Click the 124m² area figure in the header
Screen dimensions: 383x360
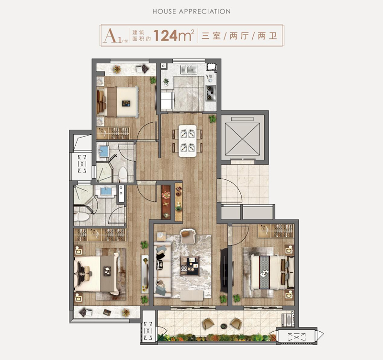(174, 35)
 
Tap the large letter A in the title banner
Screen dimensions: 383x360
(110, 35)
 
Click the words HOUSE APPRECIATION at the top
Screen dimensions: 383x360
(191, 12)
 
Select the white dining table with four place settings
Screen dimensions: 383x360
(188, 141)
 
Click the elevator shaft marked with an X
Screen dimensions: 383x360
(242, 139)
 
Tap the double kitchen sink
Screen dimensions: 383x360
(189, 70)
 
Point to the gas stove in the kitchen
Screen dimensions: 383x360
(211, 93)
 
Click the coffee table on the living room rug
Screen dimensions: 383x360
(190, 266)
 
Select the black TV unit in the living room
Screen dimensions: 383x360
(224, 270)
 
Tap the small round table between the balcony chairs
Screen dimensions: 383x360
(224, 326)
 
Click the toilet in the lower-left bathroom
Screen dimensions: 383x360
(81, 217)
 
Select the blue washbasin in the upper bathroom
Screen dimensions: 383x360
(103, 151)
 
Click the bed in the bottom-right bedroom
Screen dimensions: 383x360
(269, 272)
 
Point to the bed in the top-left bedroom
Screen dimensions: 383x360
(118, 102)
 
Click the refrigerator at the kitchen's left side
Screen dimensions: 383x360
(168, 100)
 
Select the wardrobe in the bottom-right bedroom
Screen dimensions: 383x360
(276, 231)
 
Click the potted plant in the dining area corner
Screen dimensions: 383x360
(213, 119)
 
